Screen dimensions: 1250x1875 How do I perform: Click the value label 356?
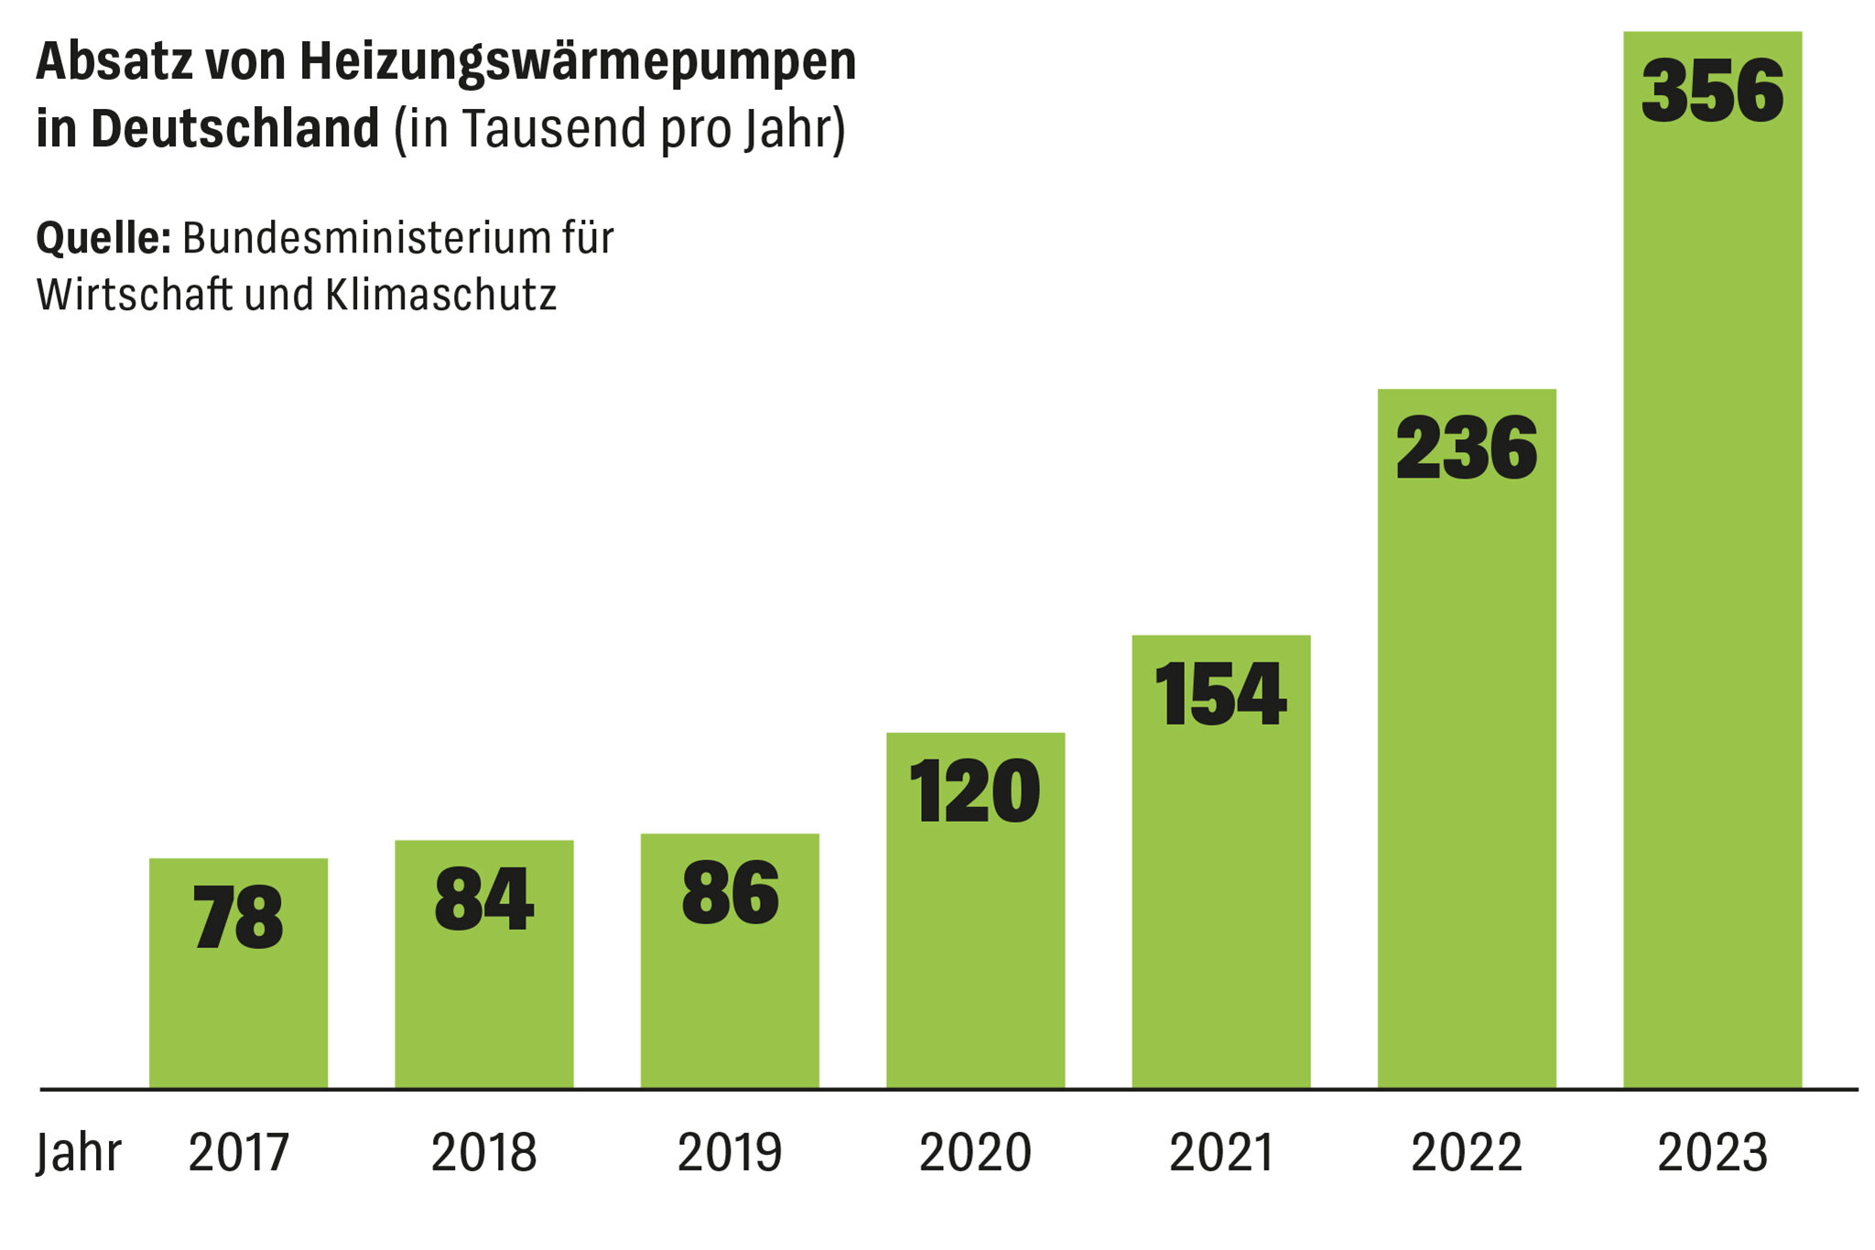click(x=1712, y=91)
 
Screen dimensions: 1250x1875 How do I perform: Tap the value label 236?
click(x=1466, y=447)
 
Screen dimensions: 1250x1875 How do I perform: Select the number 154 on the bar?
click(x=1220, y=695)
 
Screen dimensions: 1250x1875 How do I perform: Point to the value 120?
click(x=974, y=792)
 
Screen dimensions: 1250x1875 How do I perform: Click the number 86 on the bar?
click(x=730, y=892)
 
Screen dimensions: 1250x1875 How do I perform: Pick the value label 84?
click(x=483, y=900)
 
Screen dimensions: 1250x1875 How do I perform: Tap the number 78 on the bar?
click(x=238, y=918)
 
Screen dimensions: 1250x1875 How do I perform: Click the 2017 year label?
click(x=238, y=1152)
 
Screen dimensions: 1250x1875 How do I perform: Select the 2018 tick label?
click(x=483, y=1152)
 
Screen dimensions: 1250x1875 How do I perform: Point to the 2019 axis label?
click(x=730, y=1152)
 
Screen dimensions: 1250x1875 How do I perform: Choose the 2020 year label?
click(x=975, y=1152)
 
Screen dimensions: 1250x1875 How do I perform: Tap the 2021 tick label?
click(x=1221, y=1152)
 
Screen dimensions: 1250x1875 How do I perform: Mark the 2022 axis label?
click(x=1466, y=1152)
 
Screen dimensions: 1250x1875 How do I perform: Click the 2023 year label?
click(x=1712, y=1152)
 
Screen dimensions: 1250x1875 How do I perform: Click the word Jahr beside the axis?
click(x=79, y=1152)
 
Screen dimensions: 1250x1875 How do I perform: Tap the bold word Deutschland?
click(x=235, y=128)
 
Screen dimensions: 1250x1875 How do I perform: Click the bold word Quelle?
click(x=103, y=238)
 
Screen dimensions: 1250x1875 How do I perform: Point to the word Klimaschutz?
click(x=440, y=295)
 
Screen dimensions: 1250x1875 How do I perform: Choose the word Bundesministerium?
click(x=352, y=238)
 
